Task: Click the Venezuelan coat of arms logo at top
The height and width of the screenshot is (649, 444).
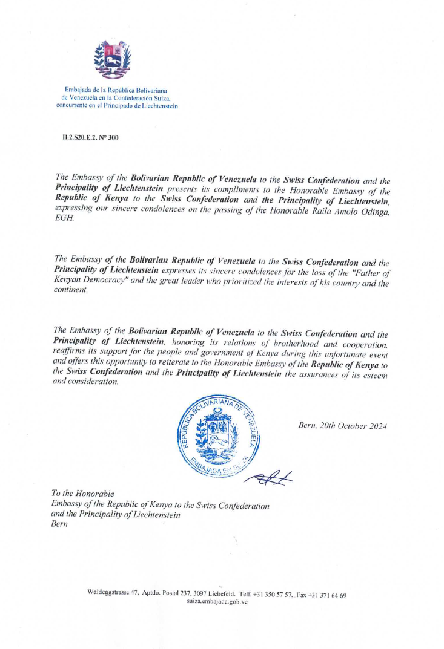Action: (113, 58)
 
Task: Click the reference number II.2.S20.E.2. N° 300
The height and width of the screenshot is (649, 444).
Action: (91, 138)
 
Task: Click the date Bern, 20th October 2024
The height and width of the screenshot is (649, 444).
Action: (343, 426)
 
